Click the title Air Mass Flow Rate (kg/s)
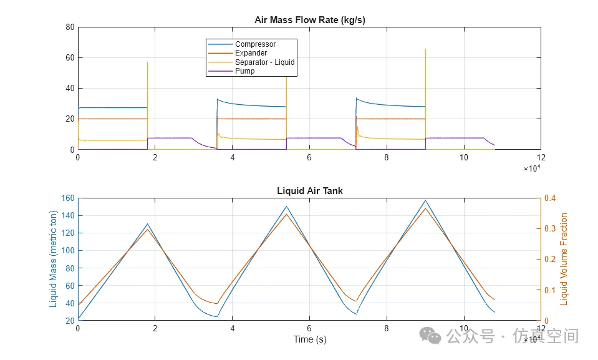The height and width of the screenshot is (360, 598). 309,20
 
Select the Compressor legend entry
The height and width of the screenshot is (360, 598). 255,44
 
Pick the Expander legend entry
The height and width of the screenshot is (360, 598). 251,53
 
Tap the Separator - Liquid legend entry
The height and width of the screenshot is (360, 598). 264,62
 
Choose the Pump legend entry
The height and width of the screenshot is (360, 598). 244,71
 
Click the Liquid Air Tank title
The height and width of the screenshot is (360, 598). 309,191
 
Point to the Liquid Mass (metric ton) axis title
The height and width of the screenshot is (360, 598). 53,259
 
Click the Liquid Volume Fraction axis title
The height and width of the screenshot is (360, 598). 564,259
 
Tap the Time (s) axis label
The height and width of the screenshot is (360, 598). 309,339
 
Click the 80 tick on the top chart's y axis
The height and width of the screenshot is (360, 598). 70,27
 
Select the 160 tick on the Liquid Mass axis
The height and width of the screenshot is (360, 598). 67,198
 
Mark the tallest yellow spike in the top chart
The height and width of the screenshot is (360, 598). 425,49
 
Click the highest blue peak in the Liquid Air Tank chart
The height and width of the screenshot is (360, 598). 425,200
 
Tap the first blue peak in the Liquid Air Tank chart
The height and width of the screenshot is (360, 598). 148,224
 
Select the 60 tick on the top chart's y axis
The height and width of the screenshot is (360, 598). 70,58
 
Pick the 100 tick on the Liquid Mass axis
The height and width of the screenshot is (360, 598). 67,251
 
